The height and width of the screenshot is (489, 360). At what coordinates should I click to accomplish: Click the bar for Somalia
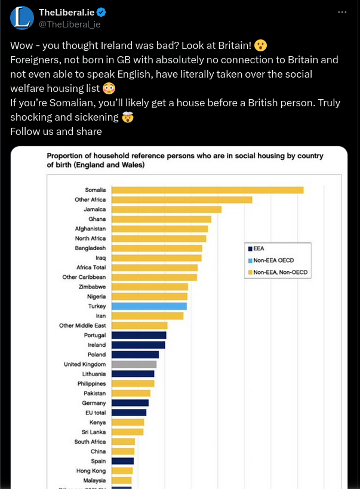coord(208,190)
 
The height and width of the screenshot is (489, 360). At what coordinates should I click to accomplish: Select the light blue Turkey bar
coord(149,306)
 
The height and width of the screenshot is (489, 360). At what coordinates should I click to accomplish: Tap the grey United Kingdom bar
coord(134,364)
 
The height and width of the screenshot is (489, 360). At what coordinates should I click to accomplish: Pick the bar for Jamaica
coord(167,210)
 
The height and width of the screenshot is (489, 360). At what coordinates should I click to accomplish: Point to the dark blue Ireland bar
coord(139,345)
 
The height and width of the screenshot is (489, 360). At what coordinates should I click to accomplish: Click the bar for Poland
coord(136,355)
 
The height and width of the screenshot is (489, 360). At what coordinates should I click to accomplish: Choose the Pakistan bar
coord(131,393)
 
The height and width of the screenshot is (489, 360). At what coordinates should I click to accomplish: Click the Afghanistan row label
coord(90,229)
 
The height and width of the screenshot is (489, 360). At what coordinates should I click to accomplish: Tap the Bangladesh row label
coord(90,248)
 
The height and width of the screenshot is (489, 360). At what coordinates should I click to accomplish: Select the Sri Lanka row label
coord(94,432)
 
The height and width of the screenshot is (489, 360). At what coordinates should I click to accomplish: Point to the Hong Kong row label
coord(93,470)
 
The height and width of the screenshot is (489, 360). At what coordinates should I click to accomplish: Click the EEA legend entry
coord(259,248)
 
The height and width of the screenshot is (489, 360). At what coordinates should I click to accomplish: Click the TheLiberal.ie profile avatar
coord(22,19)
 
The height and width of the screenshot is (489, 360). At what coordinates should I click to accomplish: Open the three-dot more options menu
coord(342,13)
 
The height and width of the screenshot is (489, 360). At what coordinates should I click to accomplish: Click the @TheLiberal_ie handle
coord(69,24)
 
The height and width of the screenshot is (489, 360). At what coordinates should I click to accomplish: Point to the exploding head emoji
coord(127,117)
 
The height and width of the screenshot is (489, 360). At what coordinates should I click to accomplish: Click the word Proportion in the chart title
coord(64,156)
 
